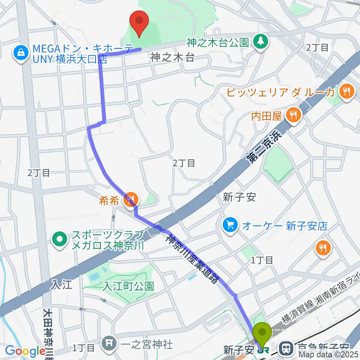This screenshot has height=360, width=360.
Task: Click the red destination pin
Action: click(139, 24)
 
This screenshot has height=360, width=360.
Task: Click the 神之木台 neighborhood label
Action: click(173, 57)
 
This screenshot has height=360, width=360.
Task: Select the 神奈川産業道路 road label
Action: click(192, 258)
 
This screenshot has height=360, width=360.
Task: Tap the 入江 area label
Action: click(60, 285)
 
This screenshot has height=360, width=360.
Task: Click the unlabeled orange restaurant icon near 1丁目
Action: click(322, 246)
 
